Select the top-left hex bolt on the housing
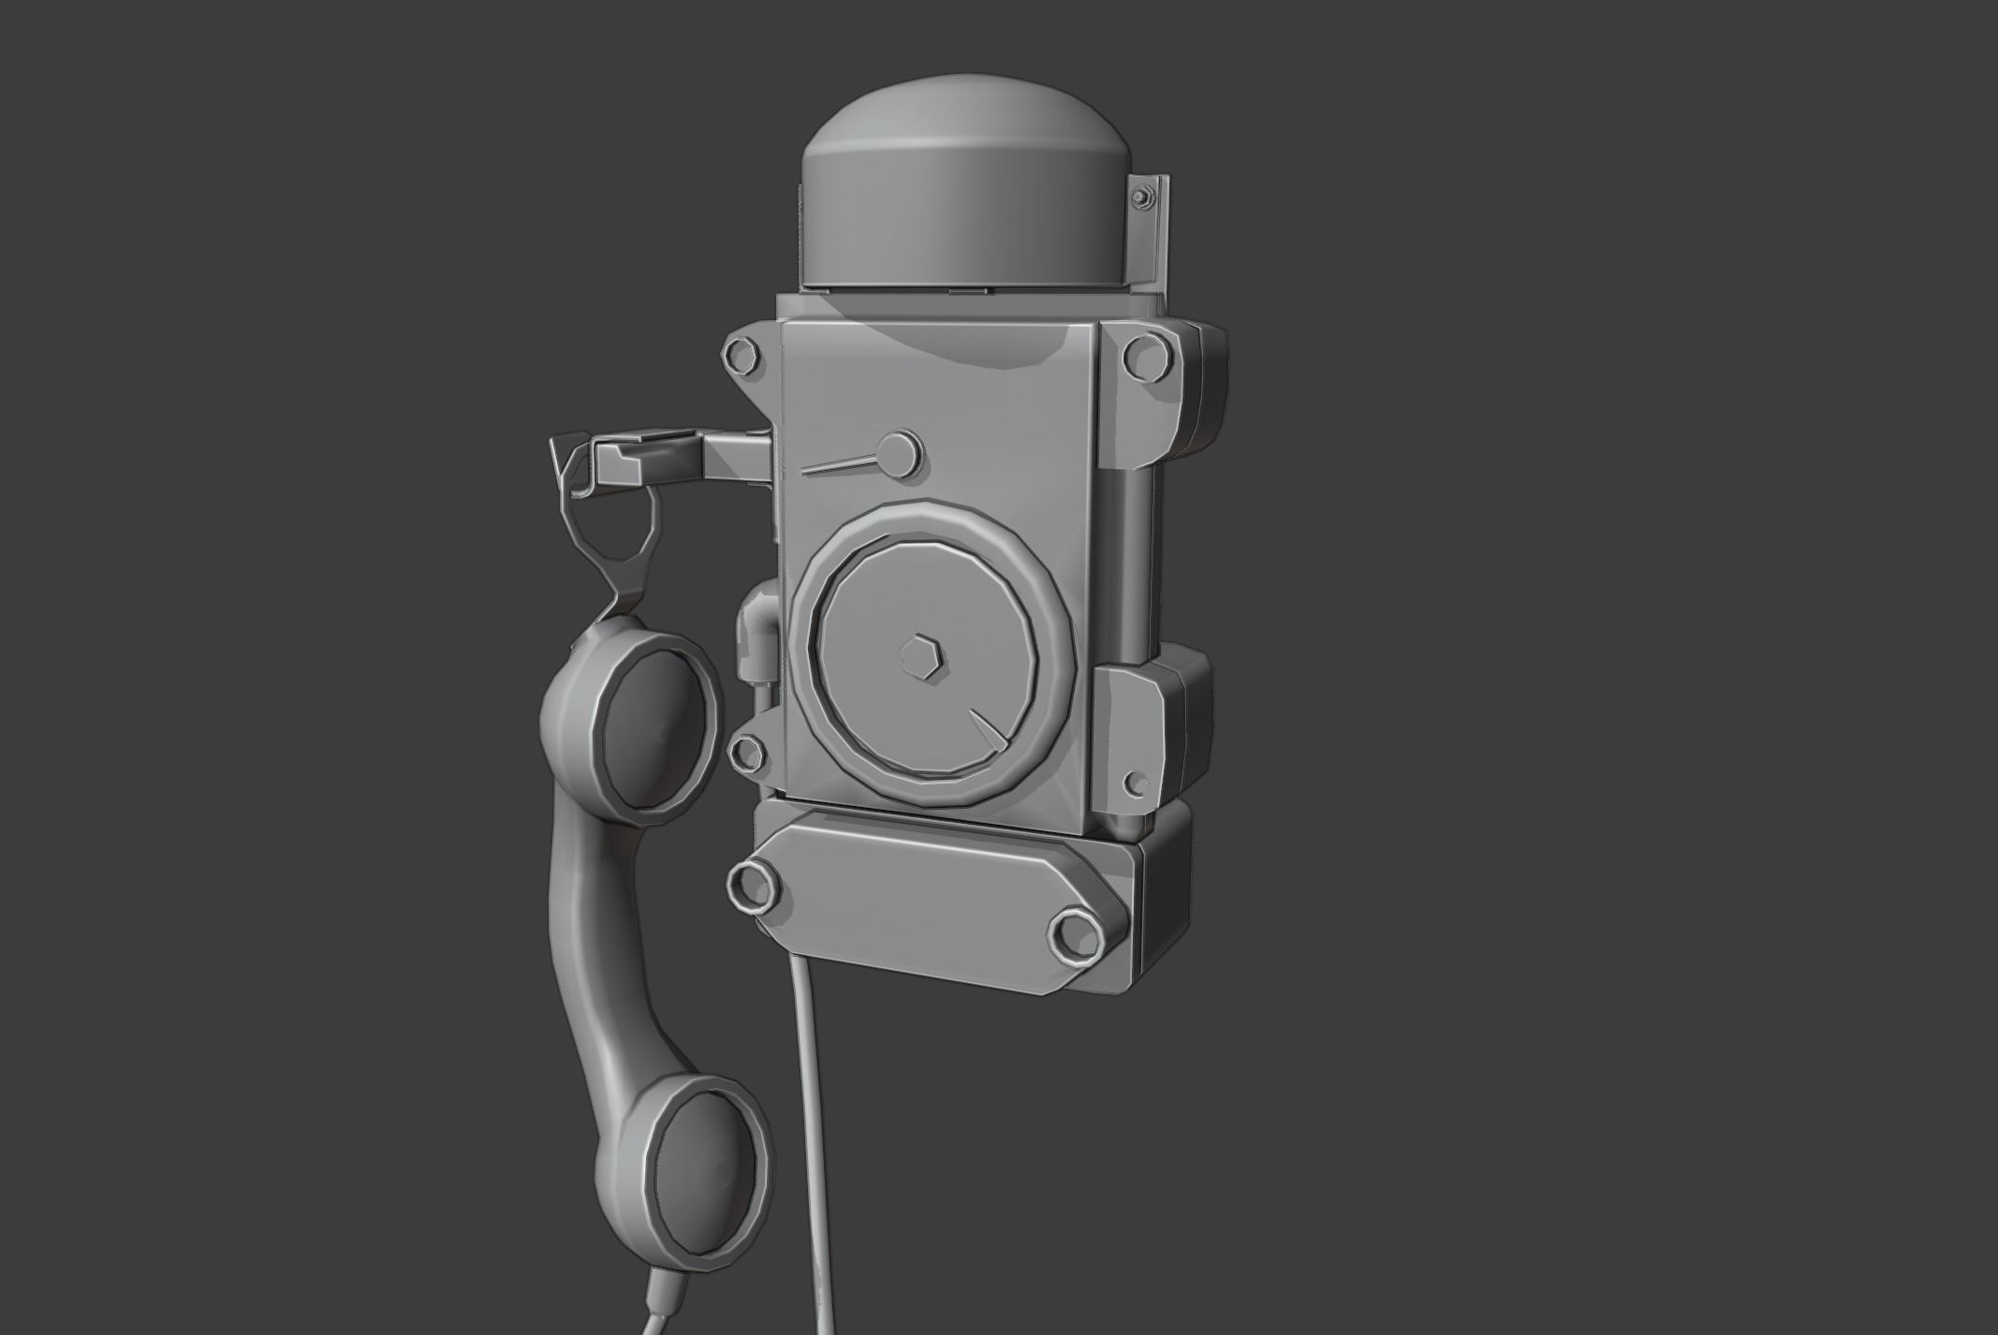pyautogui.click(x=738, y=358)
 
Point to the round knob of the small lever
pyautogui.click(x=901, y=452)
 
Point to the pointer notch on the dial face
pyautogui.click(x=988, y=731)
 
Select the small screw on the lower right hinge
pyautogui.click(x=1139, y=783)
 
